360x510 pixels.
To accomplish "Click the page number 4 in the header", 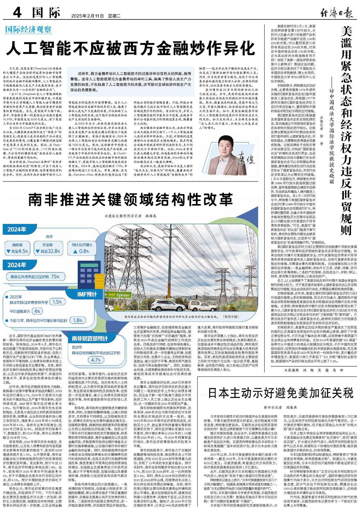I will coord(17,13).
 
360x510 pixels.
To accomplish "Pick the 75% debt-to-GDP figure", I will coord(55,277).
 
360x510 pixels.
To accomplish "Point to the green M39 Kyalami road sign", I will coord(118,295).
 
